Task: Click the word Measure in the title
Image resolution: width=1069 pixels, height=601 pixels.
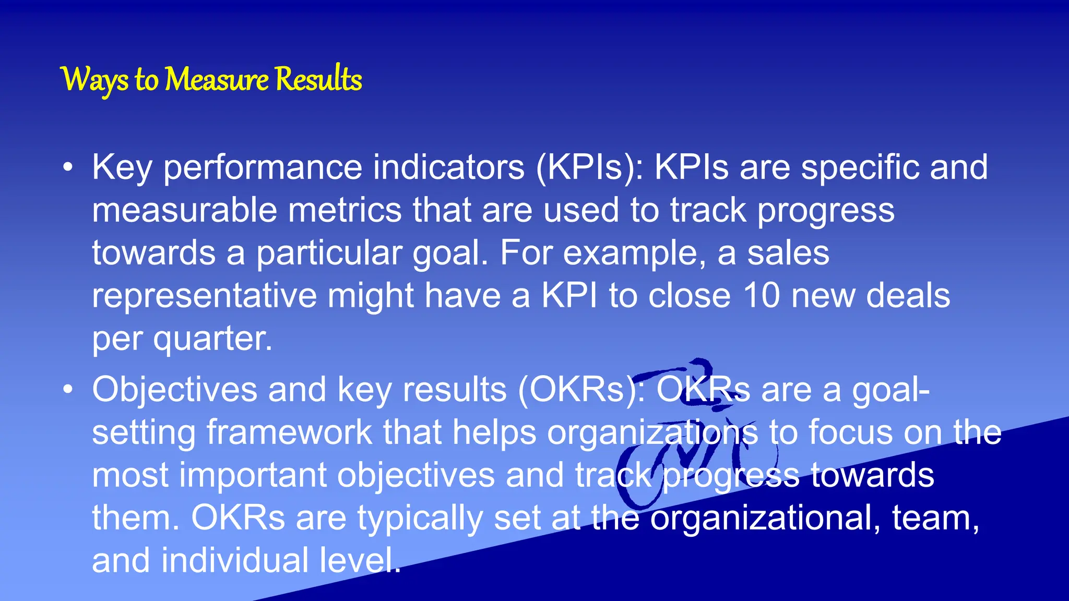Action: [217, 80]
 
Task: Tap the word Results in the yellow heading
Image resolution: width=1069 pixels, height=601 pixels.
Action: [318, 80]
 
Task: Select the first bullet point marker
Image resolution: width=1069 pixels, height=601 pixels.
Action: [68, 168]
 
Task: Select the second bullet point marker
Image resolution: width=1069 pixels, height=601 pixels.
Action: [68, 390]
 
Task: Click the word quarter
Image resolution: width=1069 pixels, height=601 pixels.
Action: [212, 340]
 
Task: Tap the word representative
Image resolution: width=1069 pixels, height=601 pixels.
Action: [204, 296]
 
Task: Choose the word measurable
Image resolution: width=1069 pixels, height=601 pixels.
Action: [184, 210]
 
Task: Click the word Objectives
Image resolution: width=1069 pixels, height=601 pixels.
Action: [175, 390]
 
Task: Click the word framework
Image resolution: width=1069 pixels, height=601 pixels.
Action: [289, 432]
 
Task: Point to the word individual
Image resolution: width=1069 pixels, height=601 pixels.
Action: [235, 561]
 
